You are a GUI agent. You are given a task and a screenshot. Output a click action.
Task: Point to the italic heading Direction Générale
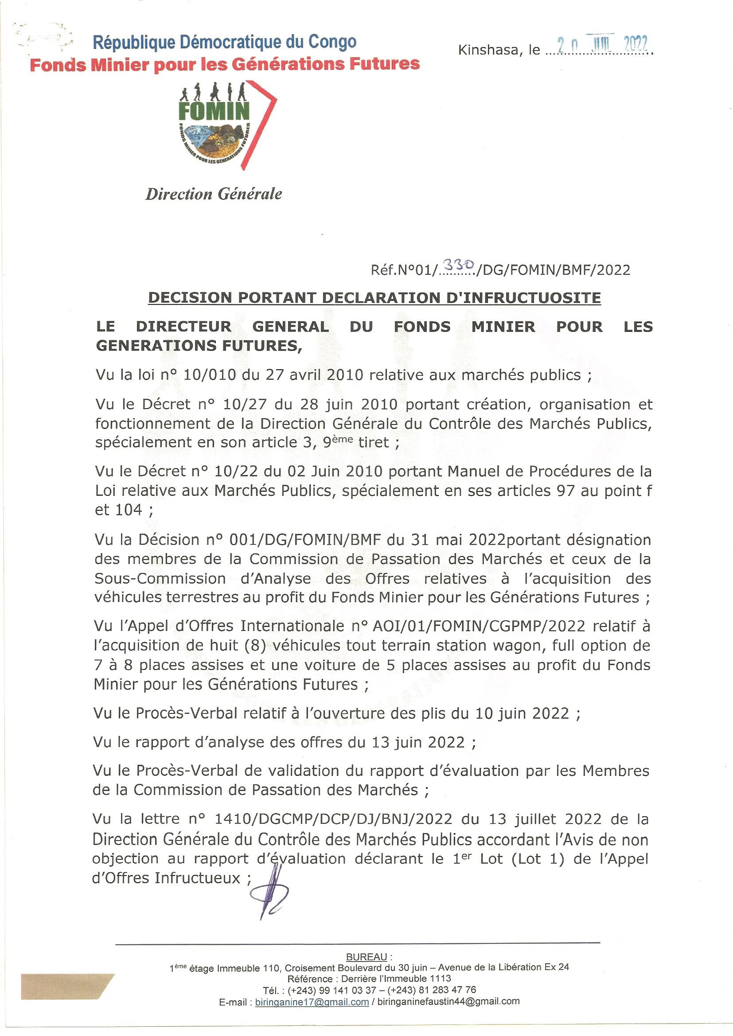pos(214,194)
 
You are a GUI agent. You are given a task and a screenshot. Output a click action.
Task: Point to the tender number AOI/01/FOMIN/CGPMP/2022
pos(479,626)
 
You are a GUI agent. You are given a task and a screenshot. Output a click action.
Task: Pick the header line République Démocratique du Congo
pos(224,43)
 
